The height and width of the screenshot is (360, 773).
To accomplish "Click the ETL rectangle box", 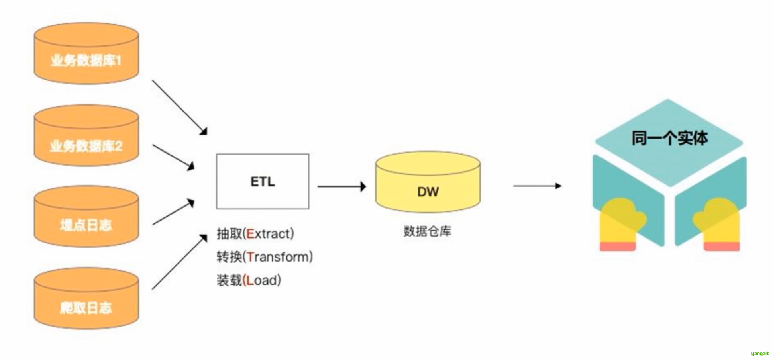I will point(263,182).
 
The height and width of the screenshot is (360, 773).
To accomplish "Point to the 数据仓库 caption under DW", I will point(427,231).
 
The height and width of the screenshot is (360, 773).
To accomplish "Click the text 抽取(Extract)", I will point(255,234).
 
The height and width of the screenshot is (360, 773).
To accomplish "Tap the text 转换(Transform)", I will point(265,257).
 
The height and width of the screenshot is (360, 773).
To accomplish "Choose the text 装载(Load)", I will point(249,280).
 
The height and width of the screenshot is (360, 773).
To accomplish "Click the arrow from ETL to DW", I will point(341,186).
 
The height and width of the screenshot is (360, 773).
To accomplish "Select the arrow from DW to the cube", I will point(537,186).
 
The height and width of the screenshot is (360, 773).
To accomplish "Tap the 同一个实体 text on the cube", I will point(669,138).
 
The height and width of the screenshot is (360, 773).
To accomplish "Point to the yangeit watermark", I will point(759,354).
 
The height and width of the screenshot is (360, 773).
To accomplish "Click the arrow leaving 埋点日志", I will point(173,213).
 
